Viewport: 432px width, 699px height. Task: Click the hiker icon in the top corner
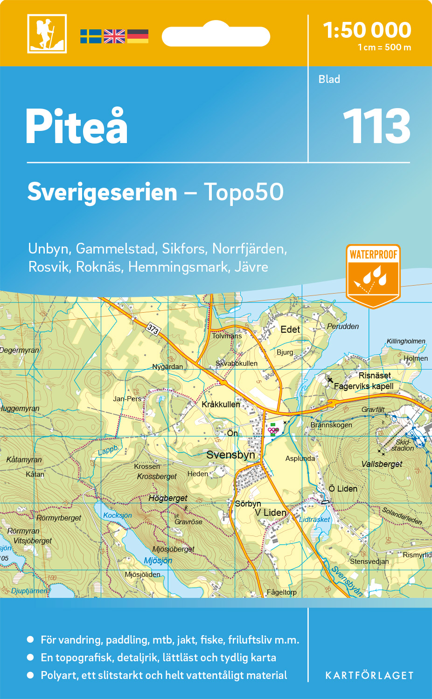(x=47, y=34)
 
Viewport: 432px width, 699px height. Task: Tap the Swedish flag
(x=91, y=36)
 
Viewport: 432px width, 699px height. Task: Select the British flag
(x=114, y=36)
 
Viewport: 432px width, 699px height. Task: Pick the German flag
(x=138, y=36)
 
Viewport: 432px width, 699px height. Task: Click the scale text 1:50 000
(x=367, y=30)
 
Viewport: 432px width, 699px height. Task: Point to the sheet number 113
(x=376, y=126)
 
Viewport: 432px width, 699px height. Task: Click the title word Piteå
(x=77, y=126)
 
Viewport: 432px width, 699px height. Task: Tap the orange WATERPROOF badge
(x=373, y=275)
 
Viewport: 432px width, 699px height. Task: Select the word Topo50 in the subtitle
(x=244, y=192)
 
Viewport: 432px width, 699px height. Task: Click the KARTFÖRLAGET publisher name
(x=369, y=676)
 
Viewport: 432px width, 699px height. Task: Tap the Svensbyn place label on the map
(x=230, y=455)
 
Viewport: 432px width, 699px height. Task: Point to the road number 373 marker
(x=153, y=329)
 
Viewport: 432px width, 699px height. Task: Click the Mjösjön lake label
(x=158, y=561)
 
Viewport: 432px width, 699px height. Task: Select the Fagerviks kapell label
(x=363, y=386)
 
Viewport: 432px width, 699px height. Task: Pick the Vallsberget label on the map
(x=382, y=464)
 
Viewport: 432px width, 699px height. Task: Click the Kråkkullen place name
(x=221, y=404)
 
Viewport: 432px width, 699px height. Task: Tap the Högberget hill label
(x=167, y=498)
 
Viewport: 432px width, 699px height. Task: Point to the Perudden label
(x=343, y=326)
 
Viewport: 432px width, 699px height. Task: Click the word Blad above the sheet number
(x=329, y=79)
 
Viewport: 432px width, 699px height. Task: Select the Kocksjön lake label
(x=118, y=515)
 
